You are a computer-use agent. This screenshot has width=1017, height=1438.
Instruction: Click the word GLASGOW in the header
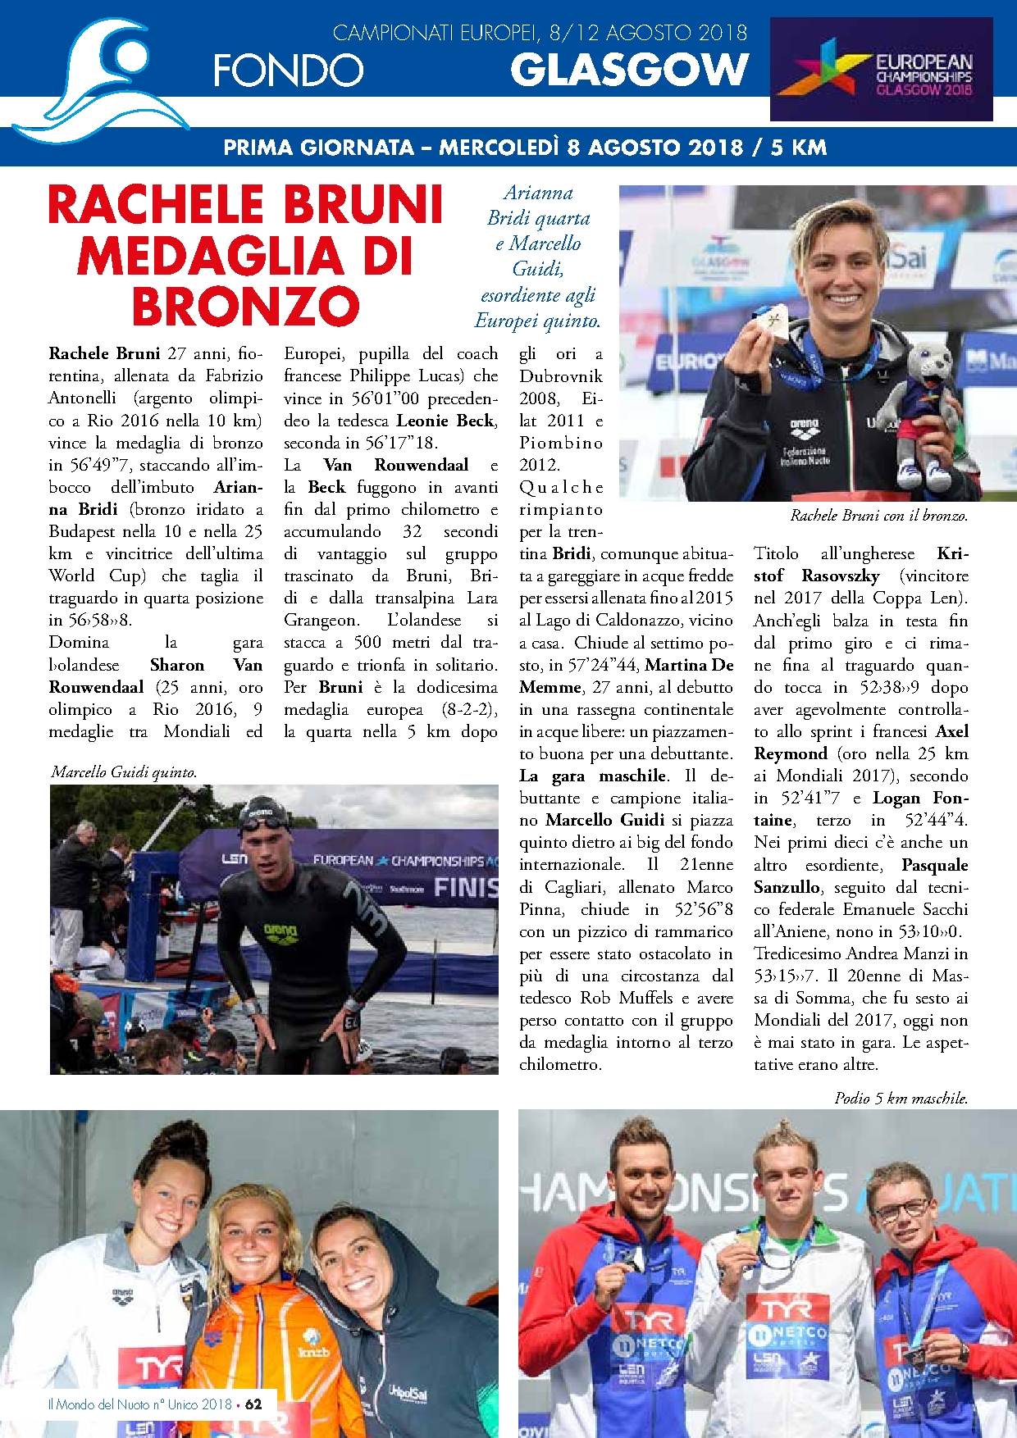[x=629, y=70]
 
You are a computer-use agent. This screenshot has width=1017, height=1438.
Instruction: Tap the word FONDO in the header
[x=288, y=71]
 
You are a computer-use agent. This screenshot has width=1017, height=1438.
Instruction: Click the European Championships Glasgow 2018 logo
[x=881, y=69]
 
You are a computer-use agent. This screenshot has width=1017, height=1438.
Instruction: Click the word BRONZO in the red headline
[x=246, y=307]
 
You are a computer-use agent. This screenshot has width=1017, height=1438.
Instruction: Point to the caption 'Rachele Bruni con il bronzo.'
[x=878, y=516]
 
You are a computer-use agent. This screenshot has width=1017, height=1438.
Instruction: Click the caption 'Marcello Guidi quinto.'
[x=124, y=772]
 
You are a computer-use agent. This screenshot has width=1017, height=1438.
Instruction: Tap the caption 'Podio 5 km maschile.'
[x=901, y=1098]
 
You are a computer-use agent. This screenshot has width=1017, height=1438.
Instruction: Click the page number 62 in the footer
[x=253, y=1404]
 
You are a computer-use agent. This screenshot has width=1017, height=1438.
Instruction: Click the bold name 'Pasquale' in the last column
[x=934, y=865]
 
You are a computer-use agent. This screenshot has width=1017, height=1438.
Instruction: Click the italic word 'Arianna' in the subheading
[x=538, y=193]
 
